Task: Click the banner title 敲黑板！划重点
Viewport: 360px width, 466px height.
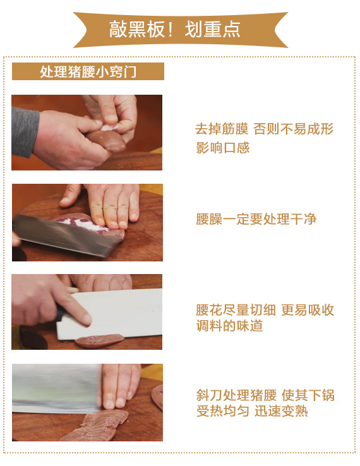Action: pos(174,30)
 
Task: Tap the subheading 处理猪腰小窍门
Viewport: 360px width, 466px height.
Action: pos(88,71)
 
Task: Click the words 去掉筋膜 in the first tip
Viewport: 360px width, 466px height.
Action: pos(222,129)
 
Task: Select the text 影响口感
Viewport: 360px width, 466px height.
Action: pos(222,147)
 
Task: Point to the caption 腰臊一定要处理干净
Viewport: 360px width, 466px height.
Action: pos(256,219)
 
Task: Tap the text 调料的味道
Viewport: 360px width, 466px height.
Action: pos(229,326)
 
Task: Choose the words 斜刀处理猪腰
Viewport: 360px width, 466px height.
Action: pos(236,395)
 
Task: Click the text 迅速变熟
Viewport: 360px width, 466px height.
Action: pos(281,411)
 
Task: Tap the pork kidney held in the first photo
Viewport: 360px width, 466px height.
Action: pos(107,141)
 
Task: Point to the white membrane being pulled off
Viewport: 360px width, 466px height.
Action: pos(109,127)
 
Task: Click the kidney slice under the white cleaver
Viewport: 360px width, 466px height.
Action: pos(99,340)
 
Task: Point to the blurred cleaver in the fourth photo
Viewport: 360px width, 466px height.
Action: pos(56,388)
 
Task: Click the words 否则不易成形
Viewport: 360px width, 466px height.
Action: pos(294,129)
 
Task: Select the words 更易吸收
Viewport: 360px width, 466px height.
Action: pos(308,310)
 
